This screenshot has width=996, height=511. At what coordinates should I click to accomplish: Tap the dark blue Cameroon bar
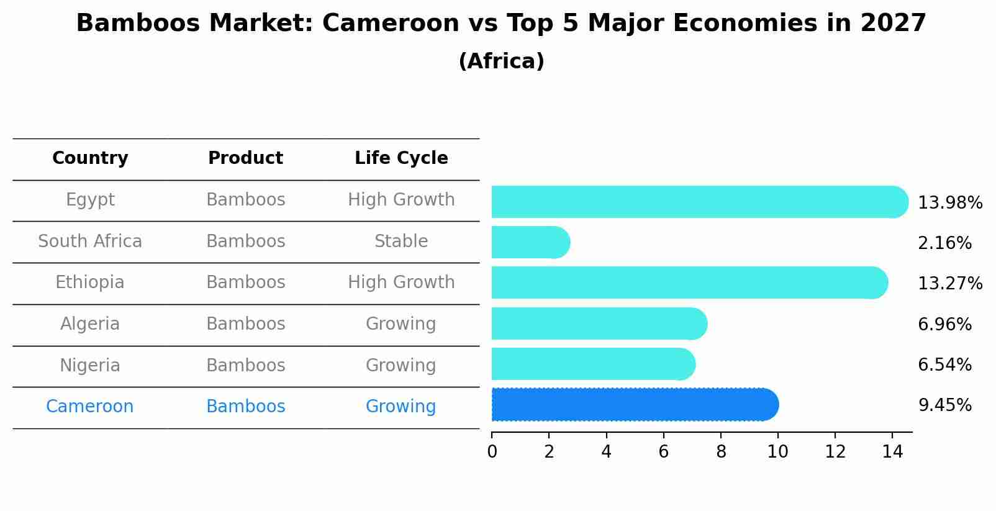coord(634,405)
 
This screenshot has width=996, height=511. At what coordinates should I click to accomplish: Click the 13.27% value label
coord(949,284)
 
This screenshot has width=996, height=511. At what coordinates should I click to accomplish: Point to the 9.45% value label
coord(944,405)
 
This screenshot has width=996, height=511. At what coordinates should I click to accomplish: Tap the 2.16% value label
coord(944,243)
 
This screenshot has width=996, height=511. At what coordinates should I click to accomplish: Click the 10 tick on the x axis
coord(777,452)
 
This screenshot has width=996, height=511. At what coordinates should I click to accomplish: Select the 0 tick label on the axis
coord(492,452)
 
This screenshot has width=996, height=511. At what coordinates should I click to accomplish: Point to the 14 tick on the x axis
coord(892,452)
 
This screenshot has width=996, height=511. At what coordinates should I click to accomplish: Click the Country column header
coord(90,158)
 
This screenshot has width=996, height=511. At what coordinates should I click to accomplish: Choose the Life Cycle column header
coord(401,158)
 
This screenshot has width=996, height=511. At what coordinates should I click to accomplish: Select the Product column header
coord(245,158)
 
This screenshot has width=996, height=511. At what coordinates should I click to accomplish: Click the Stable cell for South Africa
coord(401,242)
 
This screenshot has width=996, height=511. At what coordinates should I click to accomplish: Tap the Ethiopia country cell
coord(90,283)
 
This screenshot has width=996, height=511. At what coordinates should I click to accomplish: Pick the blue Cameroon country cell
coord(90,407)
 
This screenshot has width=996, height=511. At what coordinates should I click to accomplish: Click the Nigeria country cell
coord(90,365)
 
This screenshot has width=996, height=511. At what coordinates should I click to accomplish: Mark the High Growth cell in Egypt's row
coord(401,200)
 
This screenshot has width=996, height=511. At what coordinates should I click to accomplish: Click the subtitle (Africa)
coord(501,61)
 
